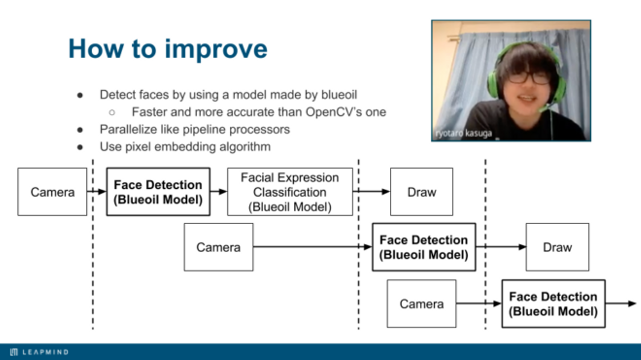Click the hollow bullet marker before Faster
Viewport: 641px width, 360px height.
tap(112, 113)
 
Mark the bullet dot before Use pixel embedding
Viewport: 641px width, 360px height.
tap(80, 147)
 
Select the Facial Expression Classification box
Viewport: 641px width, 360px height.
tap(290, 192)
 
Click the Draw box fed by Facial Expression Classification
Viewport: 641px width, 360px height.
tap(422, 192)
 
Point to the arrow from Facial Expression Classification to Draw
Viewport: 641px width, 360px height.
tap(372, 192)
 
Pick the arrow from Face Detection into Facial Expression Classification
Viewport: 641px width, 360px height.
tap(218, 192)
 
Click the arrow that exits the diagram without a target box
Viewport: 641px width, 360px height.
tap(621, 304)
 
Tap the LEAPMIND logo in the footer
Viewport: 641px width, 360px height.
tap(39, 352)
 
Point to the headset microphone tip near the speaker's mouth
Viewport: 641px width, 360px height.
tap(542, 109)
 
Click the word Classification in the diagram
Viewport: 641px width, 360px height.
tap(290, 192)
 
